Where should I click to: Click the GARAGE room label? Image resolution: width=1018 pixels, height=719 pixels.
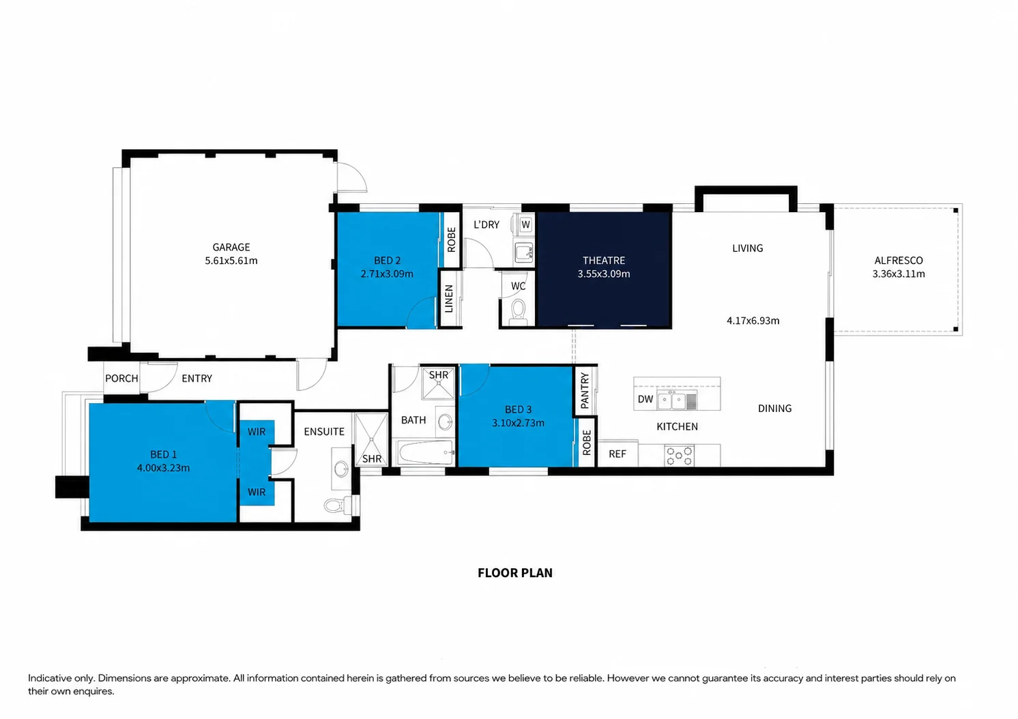[x=231, y=247]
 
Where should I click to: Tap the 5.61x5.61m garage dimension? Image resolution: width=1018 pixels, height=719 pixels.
[x=231, y=261]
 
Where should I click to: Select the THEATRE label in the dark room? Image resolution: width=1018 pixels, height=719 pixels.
[x=604, y=261]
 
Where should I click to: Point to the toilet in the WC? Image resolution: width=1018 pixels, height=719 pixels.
[x=518, y=312]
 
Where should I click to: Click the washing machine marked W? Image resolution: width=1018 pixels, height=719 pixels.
[x=525, y=224]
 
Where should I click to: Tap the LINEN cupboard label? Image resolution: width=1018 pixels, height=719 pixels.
[x=448, y=299]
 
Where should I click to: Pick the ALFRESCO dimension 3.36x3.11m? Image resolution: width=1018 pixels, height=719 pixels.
[x=898, y=274]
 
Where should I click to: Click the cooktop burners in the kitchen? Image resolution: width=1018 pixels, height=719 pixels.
[x=678, y=456]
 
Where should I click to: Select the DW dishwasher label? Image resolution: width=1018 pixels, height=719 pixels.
[x=645, y=399]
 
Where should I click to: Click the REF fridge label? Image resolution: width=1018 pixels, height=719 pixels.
[x=617, y=454]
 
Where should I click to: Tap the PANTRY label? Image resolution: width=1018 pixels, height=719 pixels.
[x=585, y=390]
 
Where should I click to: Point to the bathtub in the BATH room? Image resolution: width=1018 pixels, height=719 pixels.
[x=425, y=452]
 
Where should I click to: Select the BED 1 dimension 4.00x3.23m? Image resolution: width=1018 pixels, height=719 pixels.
[x=163, y=468]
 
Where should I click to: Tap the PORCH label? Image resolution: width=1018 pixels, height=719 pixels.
[x=121, y=379]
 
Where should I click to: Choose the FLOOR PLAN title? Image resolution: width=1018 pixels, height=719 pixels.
[x=515, y=572]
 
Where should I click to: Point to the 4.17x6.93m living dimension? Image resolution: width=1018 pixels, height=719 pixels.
[x=753, y=321]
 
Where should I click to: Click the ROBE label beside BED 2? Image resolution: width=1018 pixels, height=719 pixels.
[x=451, y=239]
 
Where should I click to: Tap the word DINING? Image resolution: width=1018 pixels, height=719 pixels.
[x=774, y=409]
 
